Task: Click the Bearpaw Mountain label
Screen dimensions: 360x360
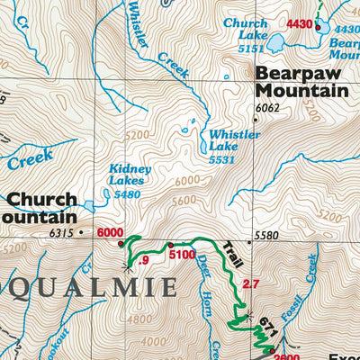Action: (301, 82)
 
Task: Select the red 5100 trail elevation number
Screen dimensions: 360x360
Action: (184, 255)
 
